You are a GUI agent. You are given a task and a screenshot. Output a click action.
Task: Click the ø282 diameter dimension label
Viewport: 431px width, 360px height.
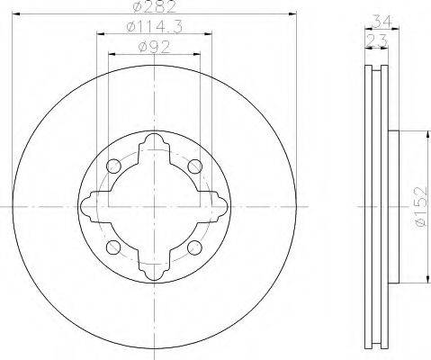[154, 6]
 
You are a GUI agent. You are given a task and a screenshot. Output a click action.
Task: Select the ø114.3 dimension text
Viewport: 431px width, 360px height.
[155, 27]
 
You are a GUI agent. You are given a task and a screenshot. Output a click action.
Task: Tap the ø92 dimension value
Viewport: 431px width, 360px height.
[154, 47]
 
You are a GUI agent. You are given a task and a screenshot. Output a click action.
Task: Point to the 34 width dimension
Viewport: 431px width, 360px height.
[382, 22]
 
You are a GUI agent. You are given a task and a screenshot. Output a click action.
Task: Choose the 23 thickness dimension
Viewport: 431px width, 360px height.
[377, 41]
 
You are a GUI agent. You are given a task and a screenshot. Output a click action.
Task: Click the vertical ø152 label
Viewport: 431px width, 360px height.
[420, 207]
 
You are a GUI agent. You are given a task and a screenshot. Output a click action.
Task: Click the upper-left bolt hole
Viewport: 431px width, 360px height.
[113, 166]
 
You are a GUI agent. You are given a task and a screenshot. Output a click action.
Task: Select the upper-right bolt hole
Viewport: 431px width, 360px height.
[194, 166]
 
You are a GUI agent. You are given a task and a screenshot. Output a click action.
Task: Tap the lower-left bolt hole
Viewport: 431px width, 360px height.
[113, 247]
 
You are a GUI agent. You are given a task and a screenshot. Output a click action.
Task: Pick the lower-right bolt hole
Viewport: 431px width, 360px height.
[194, 247]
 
